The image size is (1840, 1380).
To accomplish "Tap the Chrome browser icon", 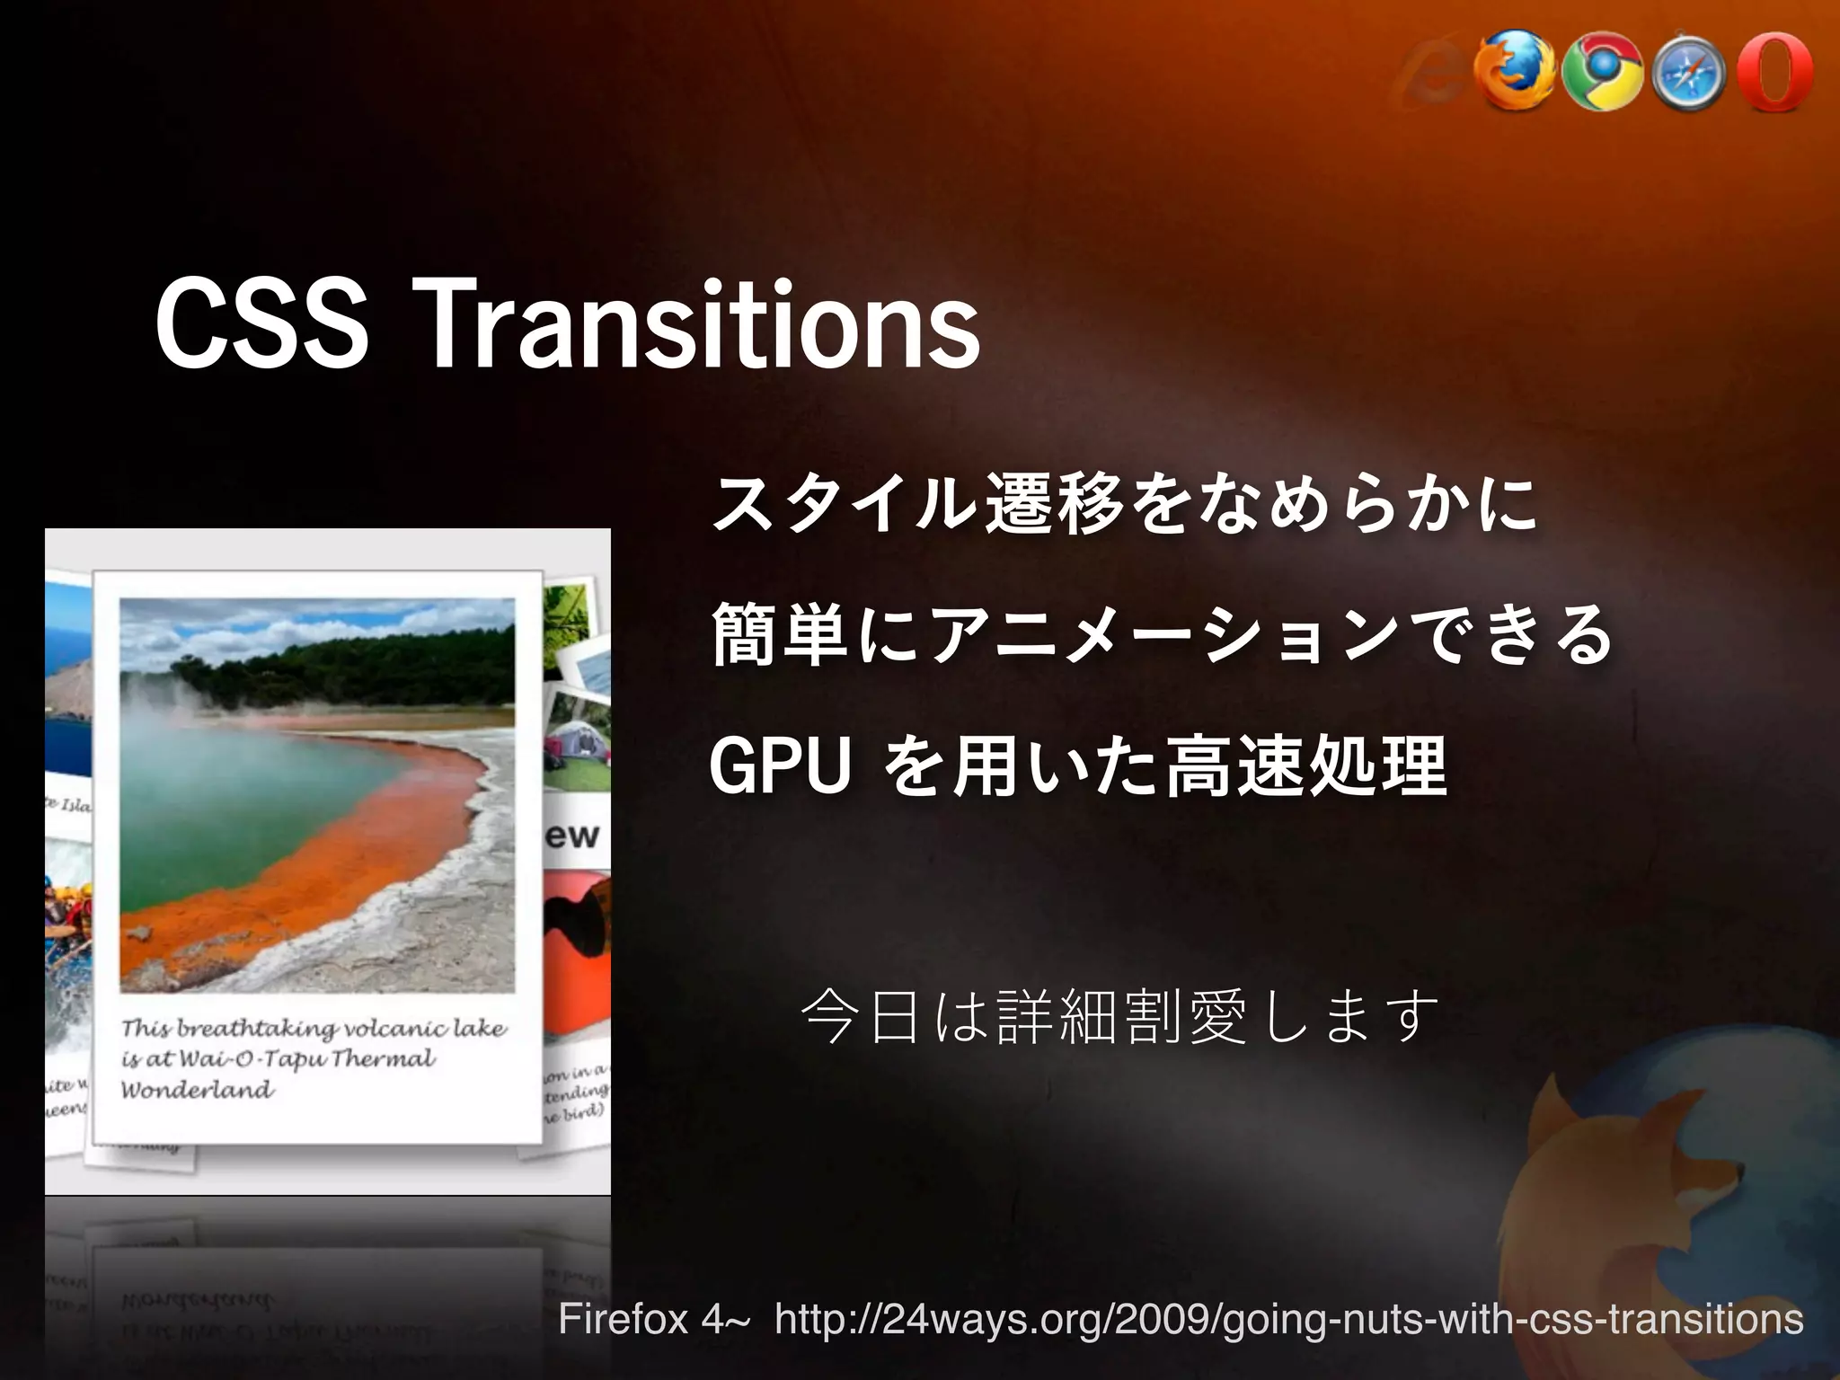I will pos(1602,73).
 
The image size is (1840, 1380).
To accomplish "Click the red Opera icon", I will pos(1774,72).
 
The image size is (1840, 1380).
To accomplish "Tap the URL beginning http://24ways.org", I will pos(1288,1319).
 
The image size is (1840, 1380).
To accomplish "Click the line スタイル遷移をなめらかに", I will pos(1123,505).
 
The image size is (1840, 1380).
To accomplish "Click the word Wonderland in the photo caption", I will pos(198,1090).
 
